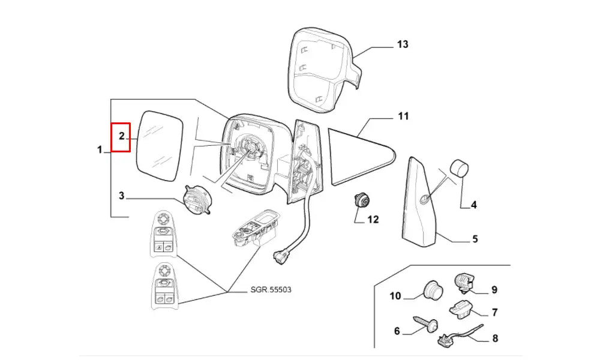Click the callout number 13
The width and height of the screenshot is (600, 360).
pyautogui.click(x=402, y=44)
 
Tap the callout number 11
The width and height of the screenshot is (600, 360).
pyautogui.click(x=403, y=115)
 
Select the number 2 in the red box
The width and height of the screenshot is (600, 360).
pyautogui.click(x=121, y=136)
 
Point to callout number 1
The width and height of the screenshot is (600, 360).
pyautogui.click(x=100, y=150)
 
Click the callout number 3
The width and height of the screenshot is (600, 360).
pyautogui.click(x=121, y=195)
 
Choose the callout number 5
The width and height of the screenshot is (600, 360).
pyautogui.click(x=475, y=239)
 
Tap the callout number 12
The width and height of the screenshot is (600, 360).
pyautogui.click(x=373, y=220)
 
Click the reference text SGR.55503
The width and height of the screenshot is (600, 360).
pyautogui.click(x=271, y=290)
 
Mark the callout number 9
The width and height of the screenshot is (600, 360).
pyautogui.click(x=494, y=290)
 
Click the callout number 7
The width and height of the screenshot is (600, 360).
pyautogui.click(x=495, y=312)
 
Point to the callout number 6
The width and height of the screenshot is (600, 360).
pyautogui.click(x=397, y=331)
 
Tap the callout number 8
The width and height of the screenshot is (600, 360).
pyautogui.click(x=495, y=339)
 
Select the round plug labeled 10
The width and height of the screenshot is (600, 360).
pyautogui.click(x=432, y=290)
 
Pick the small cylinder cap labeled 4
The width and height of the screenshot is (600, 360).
pyautogui.click(x=459, y=169)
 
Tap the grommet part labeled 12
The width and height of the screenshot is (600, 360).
pyautogui.click(x=362, y=200)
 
